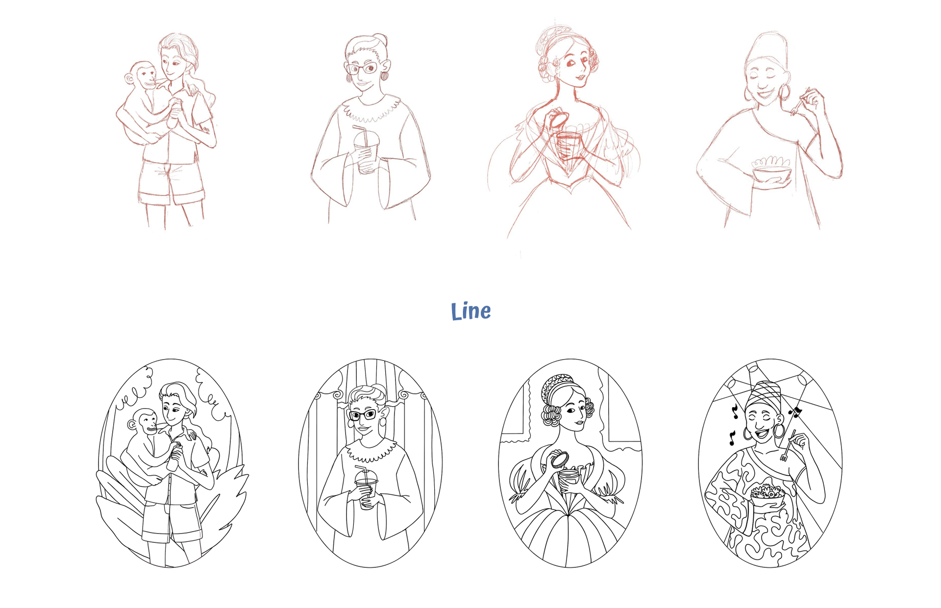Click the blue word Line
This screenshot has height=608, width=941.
(x=470, y=311)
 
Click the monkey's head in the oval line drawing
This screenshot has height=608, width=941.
(x=144, y=423)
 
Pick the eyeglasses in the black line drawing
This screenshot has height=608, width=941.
(x=363, y=415)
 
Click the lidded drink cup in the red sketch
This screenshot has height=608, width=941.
(x=366, y=149)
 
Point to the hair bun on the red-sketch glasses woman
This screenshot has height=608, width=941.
(x=380, y=40)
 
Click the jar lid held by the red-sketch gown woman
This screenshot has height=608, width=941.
(x=558, y=119)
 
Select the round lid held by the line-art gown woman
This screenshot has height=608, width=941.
(x=559, y=460)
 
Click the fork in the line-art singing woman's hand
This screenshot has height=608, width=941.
(x=787, y=446)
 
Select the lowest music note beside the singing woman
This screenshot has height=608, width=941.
(x=732, y=438)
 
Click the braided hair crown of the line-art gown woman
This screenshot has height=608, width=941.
(x=558, y=385)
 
